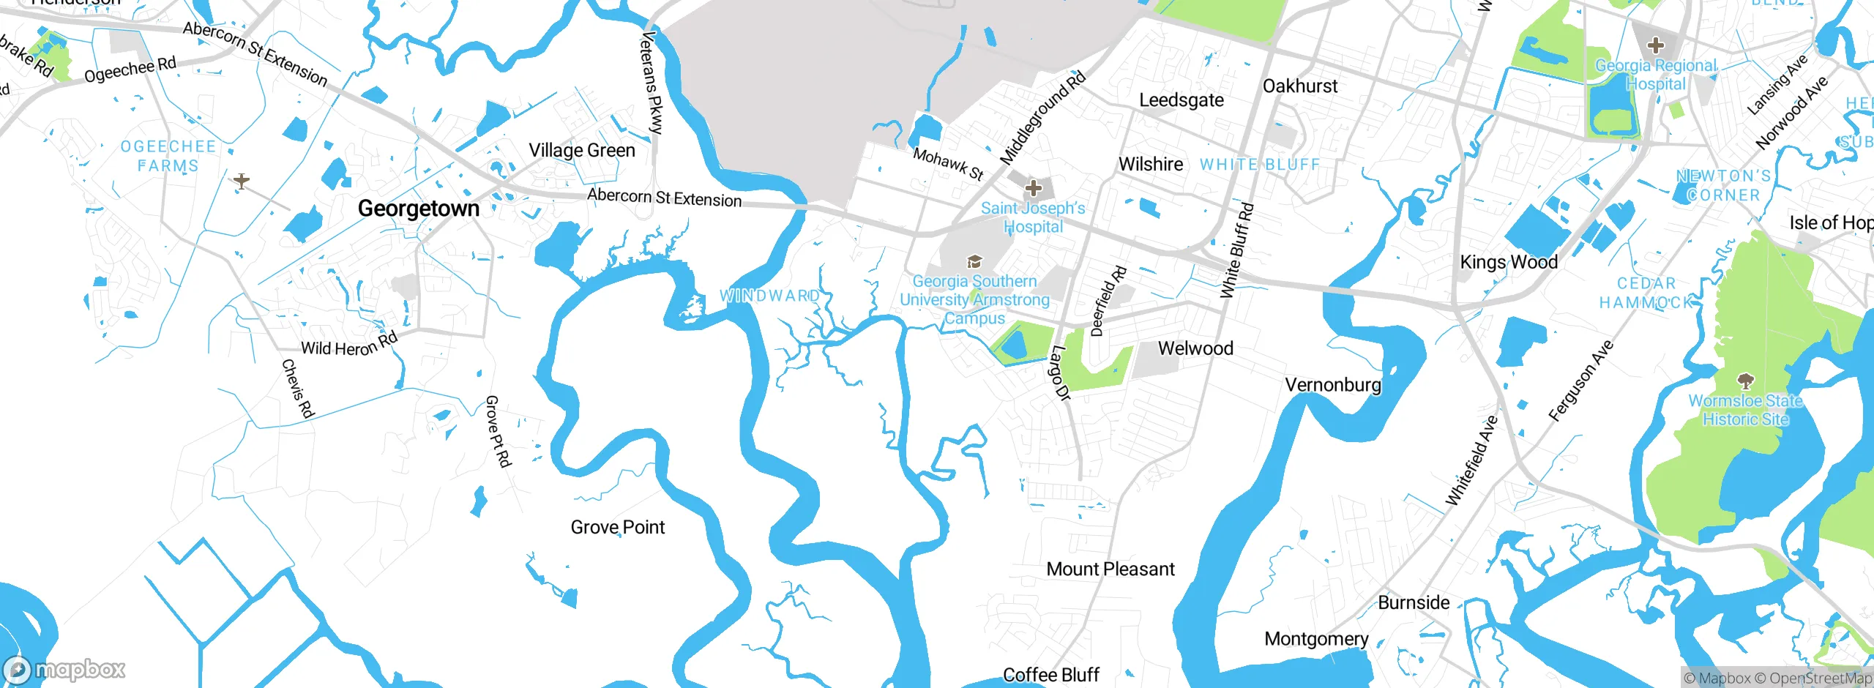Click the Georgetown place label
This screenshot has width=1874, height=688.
pyautogui.click(x=419, y=209)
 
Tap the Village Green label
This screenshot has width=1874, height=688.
pyautogui.click(x=582, y=150)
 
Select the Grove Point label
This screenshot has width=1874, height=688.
pyautogui.click(x=618, y=527)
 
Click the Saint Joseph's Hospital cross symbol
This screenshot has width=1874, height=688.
pyautogui.click(x=1034, y=189)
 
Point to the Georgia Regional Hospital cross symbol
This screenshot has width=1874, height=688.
pyautogui.click(x=1656, y=45)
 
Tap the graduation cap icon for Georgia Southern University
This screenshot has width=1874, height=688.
pyautogui.click(x=974, y=261)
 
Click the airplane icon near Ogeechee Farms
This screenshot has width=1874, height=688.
pyautogui.click(x=242, y=180)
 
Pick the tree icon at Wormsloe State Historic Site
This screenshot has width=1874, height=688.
pyautogui.click(x=1746, y=381)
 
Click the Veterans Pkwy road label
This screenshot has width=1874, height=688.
pyautogui.click(x=652, y=83)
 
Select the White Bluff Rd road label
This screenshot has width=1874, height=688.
pyautogui.click(x=1237, y=250)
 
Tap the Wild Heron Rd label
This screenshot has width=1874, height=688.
pyautogui.click(x=349, y=345)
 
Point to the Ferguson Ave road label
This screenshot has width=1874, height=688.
pyautogui.click(x=1581, y=381)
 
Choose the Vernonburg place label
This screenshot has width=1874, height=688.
pyautogui.click(x=1333, y=385)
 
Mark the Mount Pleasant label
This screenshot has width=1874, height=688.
pyautogui.click(x=1110, y=569)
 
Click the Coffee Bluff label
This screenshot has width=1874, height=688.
pyautogui.click(x=1051, y=675)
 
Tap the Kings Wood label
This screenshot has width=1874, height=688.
pyautogui.click(x=1509, y=262)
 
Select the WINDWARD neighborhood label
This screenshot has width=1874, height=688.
pyautogui.click(x=770, y=296)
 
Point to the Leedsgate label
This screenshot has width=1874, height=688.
pyautogui.click(x=1181, y=100)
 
